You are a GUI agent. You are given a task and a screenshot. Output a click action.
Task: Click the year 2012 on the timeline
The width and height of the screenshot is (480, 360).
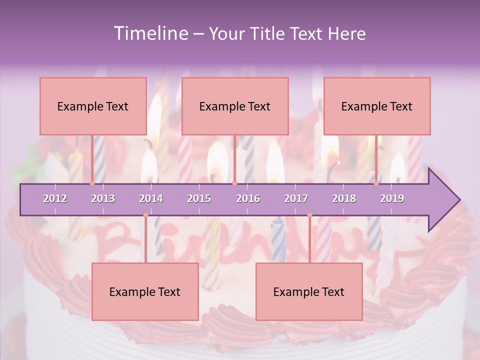(55, 198)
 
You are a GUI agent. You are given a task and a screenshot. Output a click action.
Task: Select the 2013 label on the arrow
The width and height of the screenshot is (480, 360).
(103, 198)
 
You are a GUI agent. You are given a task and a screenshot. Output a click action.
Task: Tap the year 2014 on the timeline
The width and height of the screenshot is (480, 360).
(151, 198)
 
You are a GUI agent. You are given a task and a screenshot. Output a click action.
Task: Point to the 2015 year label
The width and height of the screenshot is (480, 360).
(199, 198)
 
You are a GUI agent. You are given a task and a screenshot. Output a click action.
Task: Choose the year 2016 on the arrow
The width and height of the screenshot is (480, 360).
(248, 198)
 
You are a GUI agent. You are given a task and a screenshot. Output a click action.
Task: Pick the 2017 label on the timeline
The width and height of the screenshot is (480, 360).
(296, 198)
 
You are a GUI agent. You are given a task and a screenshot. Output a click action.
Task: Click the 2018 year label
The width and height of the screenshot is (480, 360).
(344, 198)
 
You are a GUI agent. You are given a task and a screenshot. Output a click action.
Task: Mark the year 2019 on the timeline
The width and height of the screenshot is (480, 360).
(392, 198)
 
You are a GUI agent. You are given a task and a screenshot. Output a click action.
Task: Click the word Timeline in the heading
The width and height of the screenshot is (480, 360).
(149, 33)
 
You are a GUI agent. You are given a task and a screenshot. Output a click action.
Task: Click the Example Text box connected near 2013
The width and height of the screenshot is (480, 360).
(93, 106)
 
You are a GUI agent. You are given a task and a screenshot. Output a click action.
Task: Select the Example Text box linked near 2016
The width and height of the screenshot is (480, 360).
(235, 106)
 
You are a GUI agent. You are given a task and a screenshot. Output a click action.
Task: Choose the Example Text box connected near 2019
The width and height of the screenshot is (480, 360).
(377, 106)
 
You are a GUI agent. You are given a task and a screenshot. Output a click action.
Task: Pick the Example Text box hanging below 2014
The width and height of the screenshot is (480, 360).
(145, 291)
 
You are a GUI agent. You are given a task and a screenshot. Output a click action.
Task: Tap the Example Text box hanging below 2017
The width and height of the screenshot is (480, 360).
(309, 291)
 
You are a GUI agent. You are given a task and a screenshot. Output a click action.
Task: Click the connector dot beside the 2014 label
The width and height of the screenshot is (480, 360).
(145, 215)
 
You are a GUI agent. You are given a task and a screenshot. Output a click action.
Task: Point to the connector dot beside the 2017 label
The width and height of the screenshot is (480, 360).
(309, 215)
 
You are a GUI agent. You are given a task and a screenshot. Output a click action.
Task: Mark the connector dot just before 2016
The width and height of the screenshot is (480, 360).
(234, 183)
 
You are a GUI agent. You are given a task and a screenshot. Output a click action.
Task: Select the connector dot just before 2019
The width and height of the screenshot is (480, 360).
(376, 183)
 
